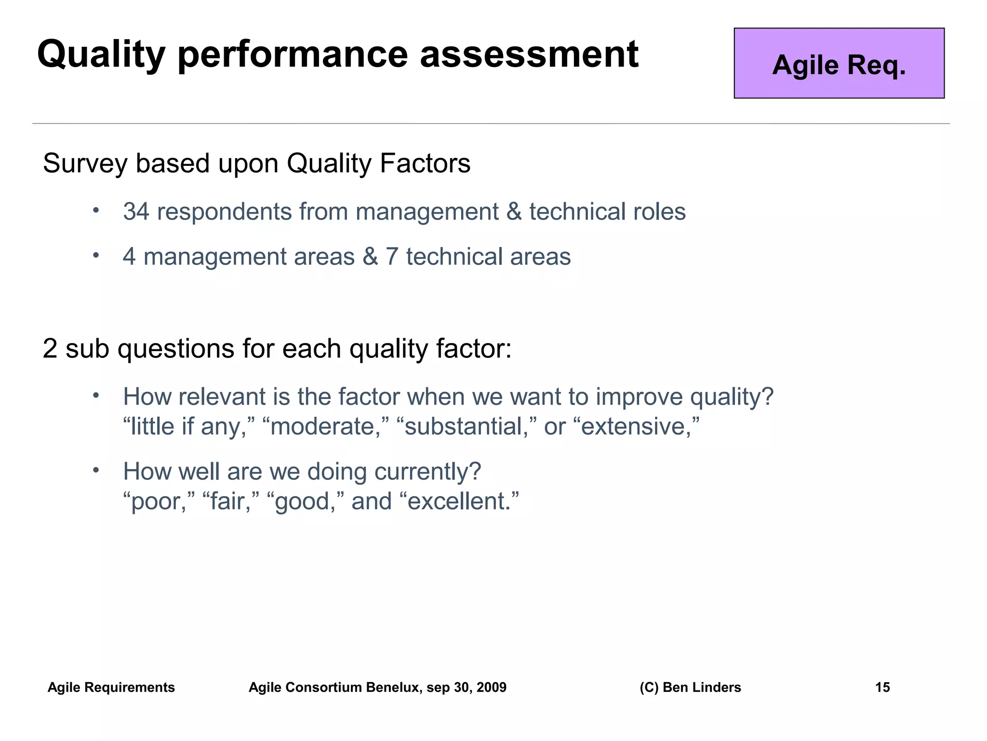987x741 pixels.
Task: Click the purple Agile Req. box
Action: [x=839, y=63]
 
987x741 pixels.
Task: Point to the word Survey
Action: [x=85, y=164]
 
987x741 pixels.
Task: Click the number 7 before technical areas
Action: [x=391, y=257]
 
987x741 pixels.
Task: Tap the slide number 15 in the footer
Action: [x=882, y=687]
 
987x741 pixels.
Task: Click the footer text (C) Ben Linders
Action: [x=690, y=687]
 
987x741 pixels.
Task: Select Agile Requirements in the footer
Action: [x=111, y=687]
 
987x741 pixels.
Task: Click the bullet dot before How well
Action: [x=96, y=469]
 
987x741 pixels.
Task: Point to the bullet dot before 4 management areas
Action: [x=96, y=255]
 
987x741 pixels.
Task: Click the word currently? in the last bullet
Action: [x=427, y=472]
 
